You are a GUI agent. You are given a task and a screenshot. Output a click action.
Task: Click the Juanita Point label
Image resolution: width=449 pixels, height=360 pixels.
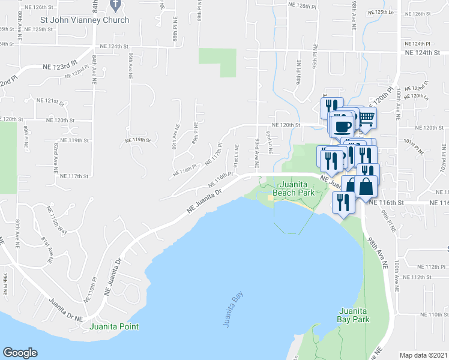114,326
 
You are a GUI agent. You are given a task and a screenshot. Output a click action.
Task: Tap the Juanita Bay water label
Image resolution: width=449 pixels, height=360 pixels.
226,311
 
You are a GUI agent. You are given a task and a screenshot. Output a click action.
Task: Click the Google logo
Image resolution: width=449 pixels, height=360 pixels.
20,353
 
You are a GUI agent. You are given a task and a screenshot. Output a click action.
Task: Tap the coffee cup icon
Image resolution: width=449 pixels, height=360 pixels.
343,126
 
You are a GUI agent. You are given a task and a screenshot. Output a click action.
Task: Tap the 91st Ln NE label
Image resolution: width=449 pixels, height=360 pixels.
237,157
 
